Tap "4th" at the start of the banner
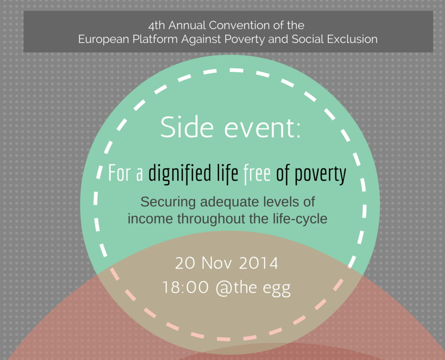coord(156,26)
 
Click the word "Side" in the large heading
coord(187,127)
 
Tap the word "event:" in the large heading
coord(262,129)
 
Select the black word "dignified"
coord(180,173)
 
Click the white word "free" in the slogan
coord(257,173)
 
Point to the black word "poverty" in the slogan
coord(320,174)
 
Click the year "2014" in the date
coord(258,263)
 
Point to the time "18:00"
coord(185,287)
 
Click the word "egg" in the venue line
coord(277,290)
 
